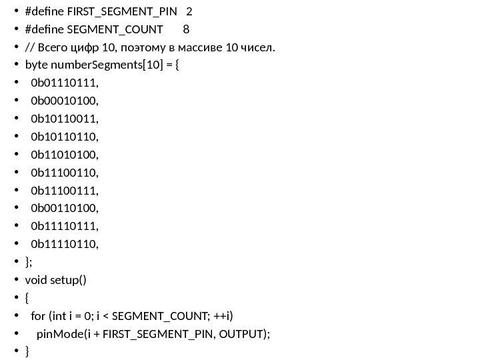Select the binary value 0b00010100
[64, 101]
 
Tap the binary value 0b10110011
[64, 119]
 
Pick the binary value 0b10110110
[64, 137]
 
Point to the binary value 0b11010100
[64, 155]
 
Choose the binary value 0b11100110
[64, 173]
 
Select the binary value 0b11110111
[64, 227]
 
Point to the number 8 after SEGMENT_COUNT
[185, 29]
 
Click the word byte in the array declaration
[35, 65]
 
